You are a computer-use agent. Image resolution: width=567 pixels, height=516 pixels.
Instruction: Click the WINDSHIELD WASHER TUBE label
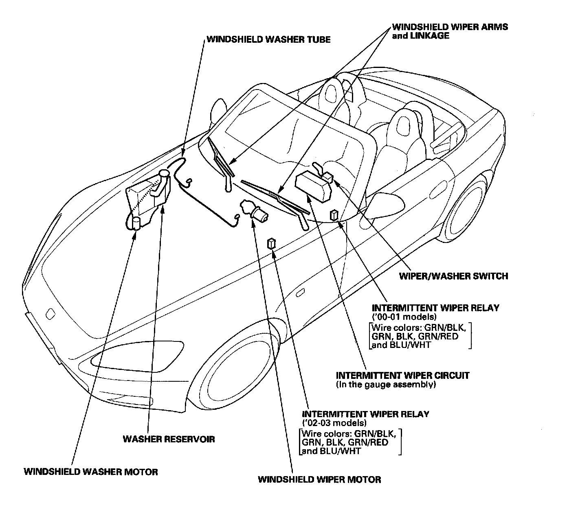click(268, 39)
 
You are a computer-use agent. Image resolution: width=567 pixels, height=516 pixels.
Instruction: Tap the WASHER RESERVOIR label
click(169, 439)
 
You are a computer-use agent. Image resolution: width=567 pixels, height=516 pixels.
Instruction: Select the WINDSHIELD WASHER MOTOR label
click(91, 472)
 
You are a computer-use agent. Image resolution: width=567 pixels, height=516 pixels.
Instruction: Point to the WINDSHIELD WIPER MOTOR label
click(319, 479)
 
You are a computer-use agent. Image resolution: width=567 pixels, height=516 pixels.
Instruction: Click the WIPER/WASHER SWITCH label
click(453, 276)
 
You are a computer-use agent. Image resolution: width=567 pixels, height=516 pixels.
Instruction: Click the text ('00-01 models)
click(404, 317)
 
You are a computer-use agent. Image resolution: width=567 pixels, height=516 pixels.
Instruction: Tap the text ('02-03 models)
click(334, 422)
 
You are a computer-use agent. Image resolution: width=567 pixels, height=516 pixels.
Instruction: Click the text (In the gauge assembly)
click(386, 384)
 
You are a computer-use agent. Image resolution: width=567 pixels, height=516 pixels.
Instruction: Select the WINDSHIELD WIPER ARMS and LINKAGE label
click(450, 31)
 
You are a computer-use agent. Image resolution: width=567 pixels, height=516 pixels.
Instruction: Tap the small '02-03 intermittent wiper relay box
click(271, 244)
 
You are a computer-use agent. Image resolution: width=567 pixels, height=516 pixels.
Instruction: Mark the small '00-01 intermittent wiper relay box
click(335, 214)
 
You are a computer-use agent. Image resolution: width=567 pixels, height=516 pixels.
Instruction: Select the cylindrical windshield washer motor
click(136, 223)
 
